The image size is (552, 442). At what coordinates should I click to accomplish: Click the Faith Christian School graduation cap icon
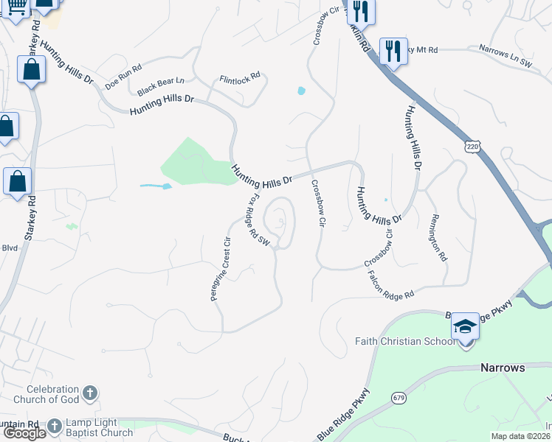[x=466, y=325]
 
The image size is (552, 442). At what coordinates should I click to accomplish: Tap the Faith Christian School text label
[x=399, y=341]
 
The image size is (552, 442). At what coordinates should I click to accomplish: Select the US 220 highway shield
[x=472, y=147]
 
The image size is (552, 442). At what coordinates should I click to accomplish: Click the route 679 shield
[x=399, y=398]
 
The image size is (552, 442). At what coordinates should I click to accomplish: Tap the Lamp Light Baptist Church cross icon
[x=54, y=425]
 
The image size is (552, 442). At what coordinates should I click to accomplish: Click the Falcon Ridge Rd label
[x=391, y=284]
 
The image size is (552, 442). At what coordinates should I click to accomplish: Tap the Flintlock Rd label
[x=240, y=77]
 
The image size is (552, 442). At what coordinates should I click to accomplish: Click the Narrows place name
[x=503, y=367]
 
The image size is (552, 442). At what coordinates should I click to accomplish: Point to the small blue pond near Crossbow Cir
[x=301, y=91]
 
